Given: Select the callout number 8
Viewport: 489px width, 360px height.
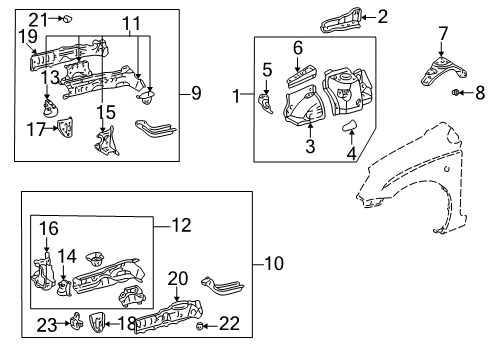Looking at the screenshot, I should click(478, 94).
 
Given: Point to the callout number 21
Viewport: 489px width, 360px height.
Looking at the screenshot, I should click(37, 18).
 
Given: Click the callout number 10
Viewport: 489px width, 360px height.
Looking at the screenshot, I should click(274, 264).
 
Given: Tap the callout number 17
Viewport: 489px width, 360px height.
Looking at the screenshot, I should click(36, 128).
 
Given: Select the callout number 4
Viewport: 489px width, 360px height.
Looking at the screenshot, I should click(353, 154).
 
